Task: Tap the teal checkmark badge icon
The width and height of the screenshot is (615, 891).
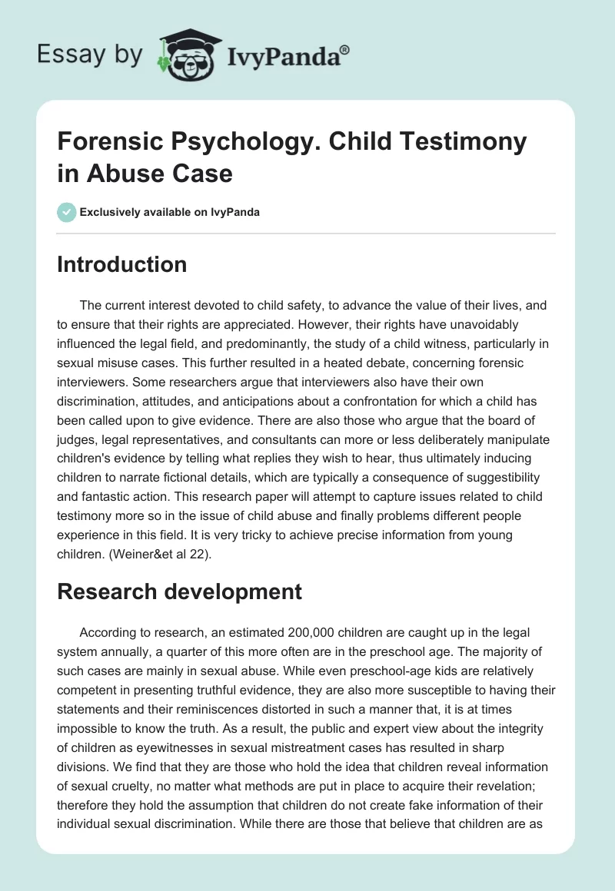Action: tap(67, 212)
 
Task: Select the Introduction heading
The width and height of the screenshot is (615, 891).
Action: tap(122, 264)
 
